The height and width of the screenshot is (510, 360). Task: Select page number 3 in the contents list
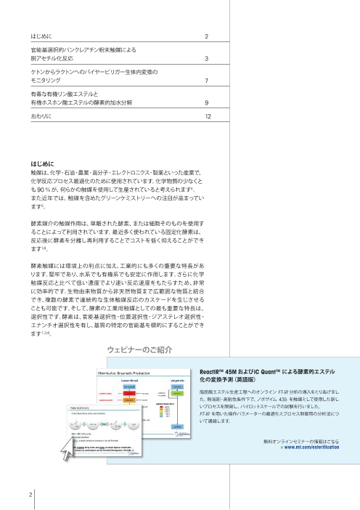coord(207,58)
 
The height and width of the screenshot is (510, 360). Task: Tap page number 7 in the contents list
coord(207,81)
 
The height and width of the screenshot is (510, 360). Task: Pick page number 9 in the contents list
coord(207,102)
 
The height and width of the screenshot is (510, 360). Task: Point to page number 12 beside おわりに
coord(208,116)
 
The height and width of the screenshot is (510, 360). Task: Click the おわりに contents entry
coord(41,116)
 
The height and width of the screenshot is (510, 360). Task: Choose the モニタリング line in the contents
coord(45,81)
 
